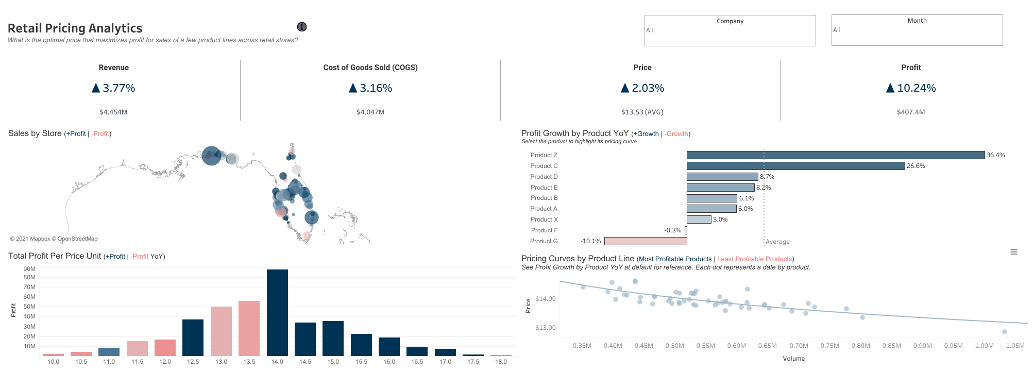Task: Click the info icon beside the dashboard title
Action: click(302, 27)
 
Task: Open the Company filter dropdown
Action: click(730, 30)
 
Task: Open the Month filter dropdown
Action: click(917, 30)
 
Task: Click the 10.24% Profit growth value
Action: click(916, 88)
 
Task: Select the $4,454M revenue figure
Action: click(113, 112)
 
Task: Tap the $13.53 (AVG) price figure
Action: click(642, 112)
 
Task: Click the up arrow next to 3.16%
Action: click(353, 88)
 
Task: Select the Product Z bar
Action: click(835, 155)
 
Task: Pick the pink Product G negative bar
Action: click(645, 241)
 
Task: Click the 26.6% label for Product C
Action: click(916, 166)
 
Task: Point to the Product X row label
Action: click(544, 219)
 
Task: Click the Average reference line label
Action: click(777, 242)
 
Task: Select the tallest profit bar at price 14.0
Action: click(277, 312)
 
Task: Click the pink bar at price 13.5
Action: click(249, 328)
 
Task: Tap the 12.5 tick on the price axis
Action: click(193, 362)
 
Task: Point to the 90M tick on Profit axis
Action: click(29, 269)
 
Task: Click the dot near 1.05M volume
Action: click(1004, 332)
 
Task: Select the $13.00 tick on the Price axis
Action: click(545, 328)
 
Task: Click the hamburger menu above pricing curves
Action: click(1013, 252)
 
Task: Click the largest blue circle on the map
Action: click(211, 156)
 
